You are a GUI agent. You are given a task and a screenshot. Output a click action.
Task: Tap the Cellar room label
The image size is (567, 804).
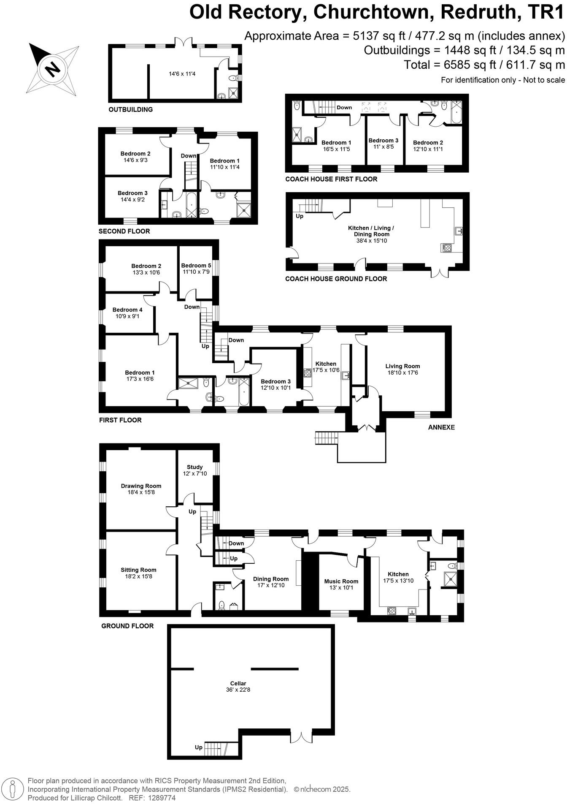click(238, 683)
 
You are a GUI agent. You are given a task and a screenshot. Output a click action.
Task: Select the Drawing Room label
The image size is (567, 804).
click(141, 486)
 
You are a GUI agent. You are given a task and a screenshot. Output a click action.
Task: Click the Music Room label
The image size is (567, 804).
click(341, 581)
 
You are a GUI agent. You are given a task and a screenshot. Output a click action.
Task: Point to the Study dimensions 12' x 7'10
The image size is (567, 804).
click(195, 473)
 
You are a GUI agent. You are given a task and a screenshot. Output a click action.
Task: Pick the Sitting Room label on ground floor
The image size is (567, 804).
click(138, 570)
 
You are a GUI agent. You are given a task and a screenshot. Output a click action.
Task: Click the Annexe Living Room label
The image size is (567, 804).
click(402, 366)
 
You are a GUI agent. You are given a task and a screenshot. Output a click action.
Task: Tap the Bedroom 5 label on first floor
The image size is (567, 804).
click(196, 265)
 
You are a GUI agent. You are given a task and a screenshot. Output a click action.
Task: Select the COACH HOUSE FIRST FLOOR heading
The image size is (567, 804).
click(331, 179)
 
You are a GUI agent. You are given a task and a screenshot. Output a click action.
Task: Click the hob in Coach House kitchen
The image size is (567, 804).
click(446, 248)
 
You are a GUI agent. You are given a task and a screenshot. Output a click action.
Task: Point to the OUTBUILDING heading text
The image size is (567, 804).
click(131, 109)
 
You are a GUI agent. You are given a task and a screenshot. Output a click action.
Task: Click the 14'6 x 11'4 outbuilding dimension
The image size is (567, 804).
click(182, 73)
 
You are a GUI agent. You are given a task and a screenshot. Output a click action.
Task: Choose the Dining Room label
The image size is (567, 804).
click(271, 579)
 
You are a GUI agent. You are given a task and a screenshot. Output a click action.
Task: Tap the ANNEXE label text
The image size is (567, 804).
click(441, 427)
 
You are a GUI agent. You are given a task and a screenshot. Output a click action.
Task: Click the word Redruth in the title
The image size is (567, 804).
click(478, 12)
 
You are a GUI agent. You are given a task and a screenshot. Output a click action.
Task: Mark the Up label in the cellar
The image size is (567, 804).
click(198, 747)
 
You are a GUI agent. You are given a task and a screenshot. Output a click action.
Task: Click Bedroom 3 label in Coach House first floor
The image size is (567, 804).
click(383, 141)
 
